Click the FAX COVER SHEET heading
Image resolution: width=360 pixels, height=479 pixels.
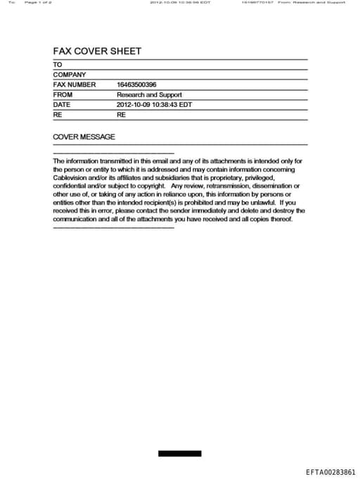[x=97, y=51]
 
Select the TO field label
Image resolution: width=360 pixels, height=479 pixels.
[x=58, y=65]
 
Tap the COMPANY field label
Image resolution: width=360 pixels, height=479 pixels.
[x=70, y=75]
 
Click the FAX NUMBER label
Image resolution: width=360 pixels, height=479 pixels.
[x=75, y=84]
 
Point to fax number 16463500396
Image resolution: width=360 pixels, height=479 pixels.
[x=136, y=84]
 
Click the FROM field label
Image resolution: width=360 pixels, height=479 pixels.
[x=63, y=94]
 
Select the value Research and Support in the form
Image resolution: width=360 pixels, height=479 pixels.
[x=149, y=94]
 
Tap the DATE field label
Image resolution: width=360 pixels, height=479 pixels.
[x=62, y=104]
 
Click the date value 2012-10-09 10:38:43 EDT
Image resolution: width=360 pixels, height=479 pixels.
[x=154, y=104]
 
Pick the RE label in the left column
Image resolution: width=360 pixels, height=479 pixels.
[x=58, y=114]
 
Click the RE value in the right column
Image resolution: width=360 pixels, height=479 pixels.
[x=121, y=114]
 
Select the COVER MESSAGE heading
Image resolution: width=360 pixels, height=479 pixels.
[x=84, y=137]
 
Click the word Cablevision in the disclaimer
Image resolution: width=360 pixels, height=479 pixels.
[x=71, y=178]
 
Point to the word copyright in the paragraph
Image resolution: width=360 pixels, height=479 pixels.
[x=148, y=186]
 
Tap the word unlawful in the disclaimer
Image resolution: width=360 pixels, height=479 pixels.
[x=259, y=203]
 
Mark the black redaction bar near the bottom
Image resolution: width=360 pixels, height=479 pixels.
[x=179, y=454]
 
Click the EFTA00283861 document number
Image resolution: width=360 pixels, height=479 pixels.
[x=330, y=472]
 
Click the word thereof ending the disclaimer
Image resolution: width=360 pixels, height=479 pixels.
[x=278, y=219]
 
